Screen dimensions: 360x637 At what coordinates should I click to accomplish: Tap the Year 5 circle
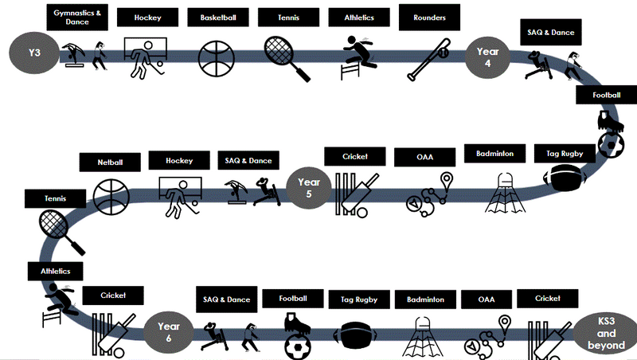coord(308,189)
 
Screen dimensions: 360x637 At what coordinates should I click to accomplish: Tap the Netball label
coord(111,162)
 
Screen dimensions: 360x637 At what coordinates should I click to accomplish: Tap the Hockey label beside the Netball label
coord(179,160)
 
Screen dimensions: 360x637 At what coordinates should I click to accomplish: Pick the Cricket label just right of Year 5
coord(354,155)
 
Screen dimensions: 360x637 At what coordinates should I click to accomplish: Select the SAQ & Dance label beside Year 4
coord(551,33)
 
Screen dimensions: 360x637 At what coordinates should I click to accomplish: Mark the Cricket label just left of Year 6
coord(113,295)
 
